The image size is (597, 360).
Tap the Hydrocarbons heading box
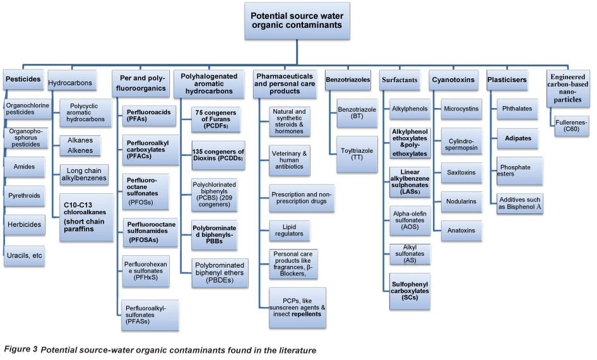click(71, 83)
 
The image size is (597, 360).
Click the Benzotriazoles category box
click(348, 80)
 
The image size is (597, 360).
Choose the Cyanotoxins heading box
click(452, 80)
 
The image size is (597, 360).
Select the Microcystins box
click(461, 109)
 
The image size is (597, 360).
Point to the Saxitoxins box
click(462, 172)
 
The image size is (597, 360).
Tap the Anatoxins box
click(462, 229)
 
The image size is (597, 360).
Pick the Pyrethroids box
click(25, 196)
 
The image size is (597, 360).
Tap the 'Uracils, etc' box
click(25, 255)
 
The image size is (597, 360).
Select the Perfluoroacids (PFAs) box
click(145, 116)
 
